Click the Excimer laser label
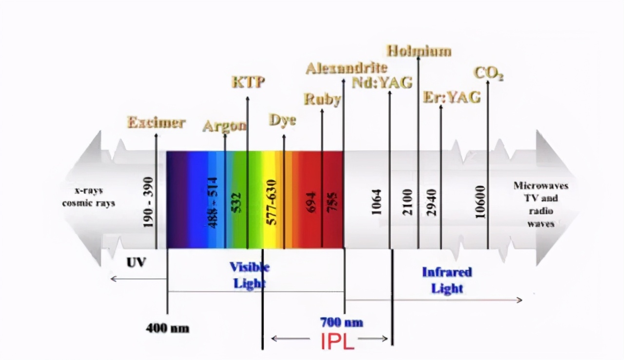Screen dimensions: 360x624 (156, 122)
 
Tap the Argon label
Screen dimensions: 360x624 (224, 126)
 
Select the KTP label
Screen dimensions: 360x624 (248, 82)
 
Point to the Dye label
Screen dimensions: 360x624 (282, 120)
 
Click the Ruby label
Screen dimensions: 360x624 (322, 100)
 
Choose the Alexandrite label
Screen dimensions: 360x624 (346, 68)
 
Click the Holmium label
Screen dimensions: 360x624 (419, 51)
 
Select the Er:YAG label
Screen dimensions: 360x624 (451, 98)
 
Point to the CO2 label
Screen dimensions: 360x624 (488, 74)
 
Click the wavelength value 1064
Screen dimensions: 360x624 (376, 202)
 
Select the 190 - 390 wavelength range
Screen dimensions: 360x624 (148, 201)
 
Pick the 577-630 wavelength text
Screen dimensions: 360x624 (272, 202)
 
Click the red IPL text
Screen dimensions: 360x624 (337, 342)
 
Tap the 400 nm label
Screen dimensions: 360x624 (167, 328)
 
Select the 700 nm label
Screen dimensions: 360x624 (341, 322)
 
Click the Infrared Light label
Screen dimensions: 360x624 (447, 280)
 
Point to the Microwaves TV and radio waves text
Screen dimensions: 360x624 (541, 204)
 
